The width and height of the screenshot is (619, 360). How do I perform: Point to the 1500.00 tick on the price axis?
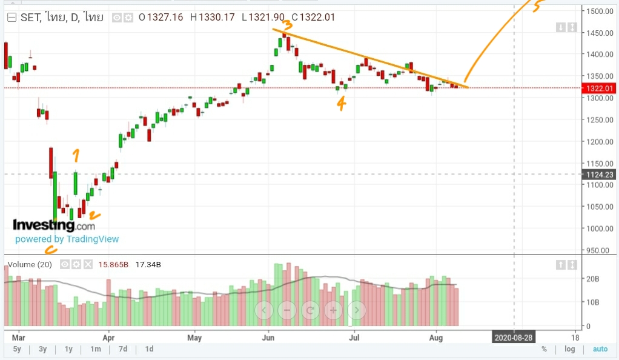597,11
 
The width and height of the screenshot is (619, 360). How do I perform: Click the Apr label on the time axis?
109,338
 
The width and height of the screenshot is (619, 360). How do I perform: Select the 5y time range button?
17,349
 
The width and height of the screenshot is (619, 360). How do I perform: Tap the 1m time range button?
95,349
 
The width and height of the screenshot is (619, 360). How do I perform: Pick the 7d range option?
123,349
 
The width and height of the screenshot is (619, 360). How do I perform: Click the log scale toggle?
569,349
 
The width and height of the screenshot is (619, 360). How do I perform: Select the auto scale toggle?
600,349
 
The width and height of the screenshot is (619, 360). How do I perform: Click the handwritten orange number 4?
342,104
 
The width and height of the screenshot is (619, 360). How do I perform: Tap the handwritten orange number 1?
76,156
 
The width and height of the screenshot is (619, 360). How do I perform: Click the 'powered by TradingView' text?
67,239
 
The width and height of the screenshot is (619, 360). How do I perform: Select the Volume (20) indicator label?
29,265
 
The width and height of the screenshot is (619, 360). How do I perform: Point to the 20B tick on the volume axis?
592,279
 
